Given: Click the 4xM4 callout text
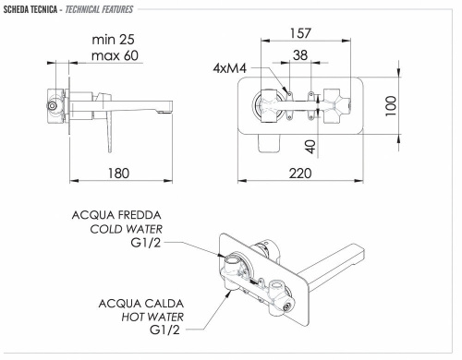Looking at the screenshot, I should click(229, 69).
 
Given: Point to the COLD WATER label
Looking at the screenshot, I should click(126, 230).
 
